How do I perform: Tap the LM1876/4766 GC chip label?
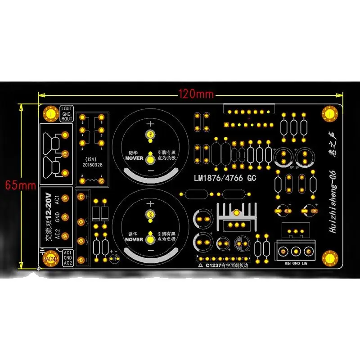pos(225,178)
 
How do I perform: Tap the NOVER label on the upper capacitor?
pos(134,158)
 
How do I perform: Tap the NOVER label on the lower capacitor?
pos(134,240)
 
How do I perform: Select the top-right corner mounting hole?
pos(328,114)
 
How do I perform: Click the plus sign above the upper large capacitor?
pos(150,124)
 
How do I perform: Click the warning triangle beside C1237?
pos(201,265)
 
